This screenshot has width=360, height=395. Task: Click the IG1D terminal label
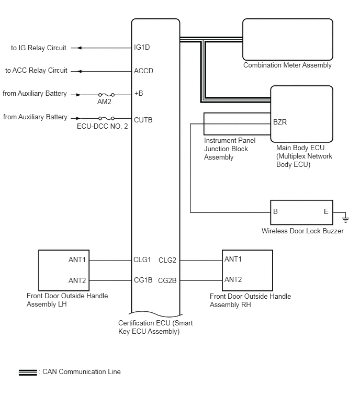(143, 48)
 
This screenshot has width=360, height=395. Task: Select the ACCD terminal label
(144, 71)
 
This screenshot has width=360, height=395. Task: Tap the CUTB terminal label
(143, 120)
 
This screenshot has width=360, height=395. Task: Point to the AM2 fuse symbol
(103, 95)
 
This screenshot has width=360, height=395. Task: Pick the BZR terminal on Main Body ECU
(280, 122)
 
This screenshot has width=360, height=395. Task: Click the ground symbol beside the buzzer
(344, 215)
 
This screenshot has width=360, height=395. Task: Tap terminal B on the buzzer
(276, 212)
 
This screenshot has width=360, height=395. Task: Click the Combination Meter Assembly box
(288, 39)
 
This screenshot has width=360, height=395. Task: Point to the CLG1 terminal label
(142, 259)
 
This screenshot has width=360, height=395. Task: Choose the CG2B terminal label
(167, 280)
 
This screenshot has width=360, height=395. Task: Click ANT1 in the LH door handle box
(77, 259)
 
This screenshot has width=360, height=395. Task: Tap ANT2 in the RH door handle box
(233, 280)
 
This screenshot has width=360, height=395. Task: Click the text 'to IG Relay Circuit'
(39, 48)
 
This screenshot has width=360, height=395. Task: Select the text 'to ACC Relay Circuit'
(36, 71)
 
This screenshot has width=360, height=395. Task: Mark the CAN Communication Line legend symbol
(27, 372)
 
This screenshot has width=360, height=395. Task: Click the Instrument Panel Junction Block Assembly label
(226, 149)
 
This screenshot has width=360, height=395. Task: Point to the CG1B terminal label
(143, 280)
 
